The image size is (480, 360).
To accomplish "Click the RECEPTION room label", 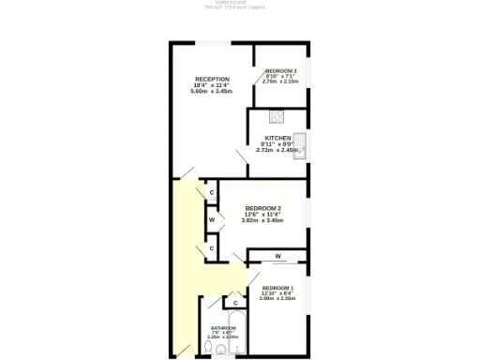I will click(x=212, y=79).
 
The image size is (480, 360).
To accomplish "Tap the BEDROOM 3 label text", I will click(x=281, y=71).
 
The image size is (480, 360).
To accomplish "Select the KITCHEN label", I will click(x=277, y=138).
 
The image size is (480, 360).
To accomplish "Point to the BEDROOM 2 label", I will click(x=263, y=208).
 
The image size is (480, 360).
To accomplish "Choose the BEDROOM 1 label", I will click(x=277, y=287).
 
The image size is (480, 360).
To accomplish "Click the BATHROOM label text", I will click(x=223, y=327).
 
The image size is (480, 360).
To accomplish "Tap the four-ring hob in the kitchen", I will click(x=277, y=117).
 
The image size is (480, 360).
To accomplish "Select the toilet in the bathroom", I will click(x=220, y=350).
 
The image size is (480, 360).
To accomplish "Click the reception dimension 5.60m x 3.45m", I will click(x=212, y=91).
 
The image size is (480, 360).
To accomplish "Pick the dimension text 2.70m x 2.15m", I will click(x=281, y=82).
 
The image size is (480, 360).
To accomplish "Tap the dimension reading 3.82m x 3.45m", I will click(x=263, y=220).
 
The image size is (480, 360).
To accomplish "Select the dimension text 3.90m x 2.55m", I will click(x=277, y=298).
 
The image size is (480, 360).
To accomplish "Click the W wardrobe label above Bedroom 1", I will click(x=278, y=256).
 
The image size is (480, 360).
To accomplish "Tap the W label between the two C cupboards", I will click(x=212, y=220).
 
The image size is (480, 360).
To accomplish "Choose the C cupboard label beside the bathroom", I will click(x=235, y=303).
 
